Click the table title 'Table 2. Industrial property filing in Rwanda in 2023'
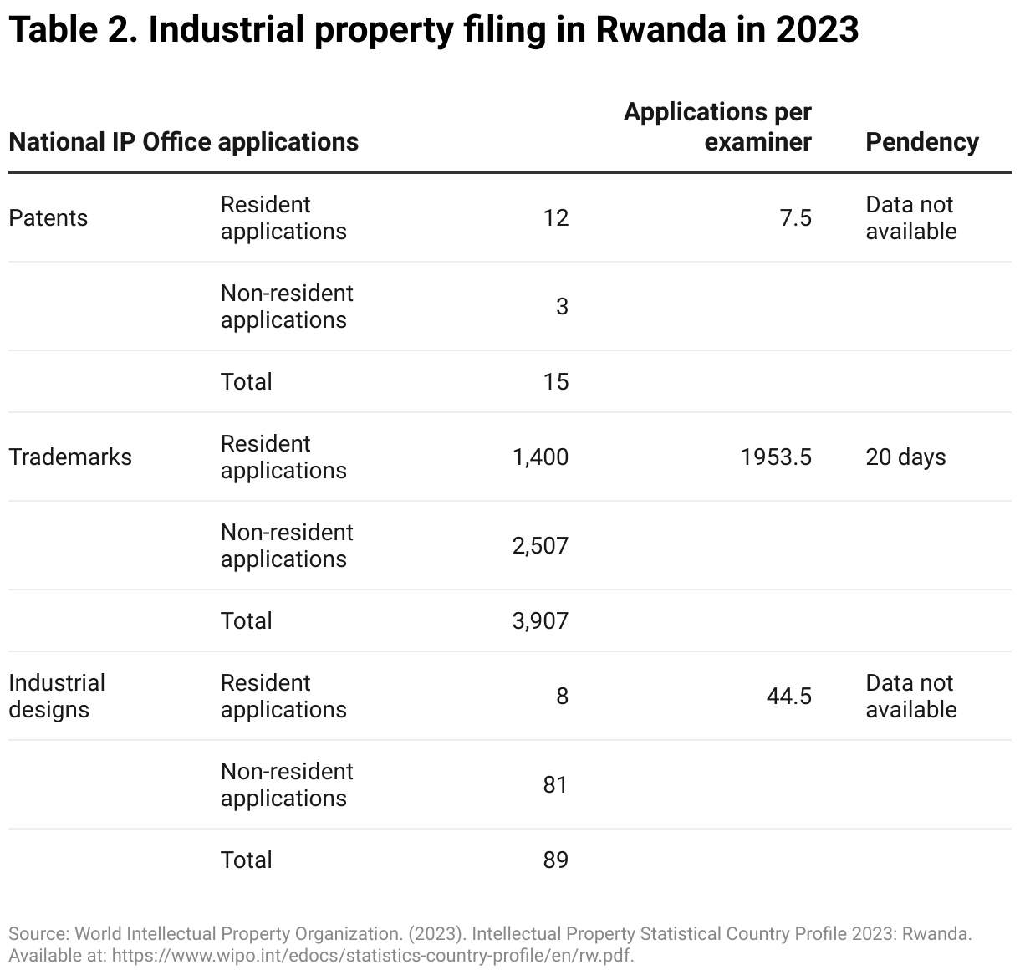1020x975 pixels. (x=433, y=30)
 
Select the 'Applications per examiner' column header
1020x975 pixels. (x=717, y=127)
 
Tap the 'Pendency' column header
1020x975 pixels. (x=921, y=142)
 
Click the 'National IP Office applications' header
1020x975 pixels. (x=183, y=142)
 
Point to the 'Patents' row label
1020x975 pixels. (x=48, y=218)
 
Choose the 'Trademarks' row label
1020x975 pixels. (x=70, y=457)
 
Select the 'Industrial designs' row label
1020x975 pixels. (x=57, y=696)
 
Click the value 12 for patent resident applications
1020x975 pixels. (x=555, y=218)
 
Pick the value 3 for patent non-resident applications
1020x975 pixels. (x=562, y=307)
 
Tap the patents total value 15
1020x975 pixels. (x=555, y=382)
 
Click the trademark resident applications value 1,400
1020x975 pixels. (x=540, y=457)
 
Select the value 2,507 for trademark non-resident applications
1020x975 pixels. (x=540, y=546)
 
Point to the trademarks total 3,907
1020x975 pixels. (x=540, y=621)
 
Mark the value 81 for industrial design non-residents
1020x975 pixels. (x=555, y=785)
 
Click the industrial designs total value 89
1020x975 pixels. (x=555, y=860)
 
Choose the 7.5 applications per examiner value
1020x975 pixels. (x=795, y=218)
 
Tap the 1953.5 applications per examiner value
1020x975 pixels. (x=776, y=457)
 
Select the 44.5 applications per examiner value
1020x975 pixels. (x=788, y=697)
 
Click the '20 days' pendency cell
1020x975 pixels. (x=905, y=457)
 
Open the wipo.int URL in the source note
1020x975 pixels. (x=372, y=955)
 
